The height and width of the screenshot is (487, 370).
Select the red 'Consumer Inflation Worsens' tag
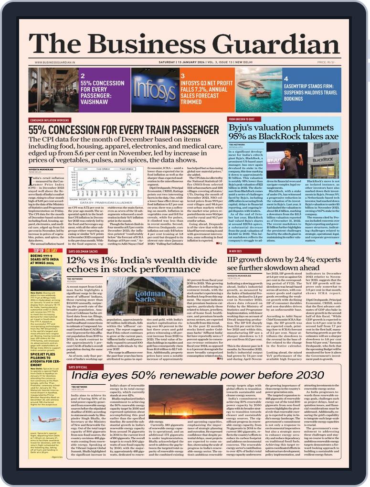49,120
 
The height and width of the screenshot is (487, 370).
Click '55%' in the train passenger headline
39,130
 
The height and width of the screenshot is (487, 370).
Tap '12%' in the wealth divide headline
77,260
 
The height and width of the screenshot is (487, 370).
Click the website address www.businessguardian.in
55,62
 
